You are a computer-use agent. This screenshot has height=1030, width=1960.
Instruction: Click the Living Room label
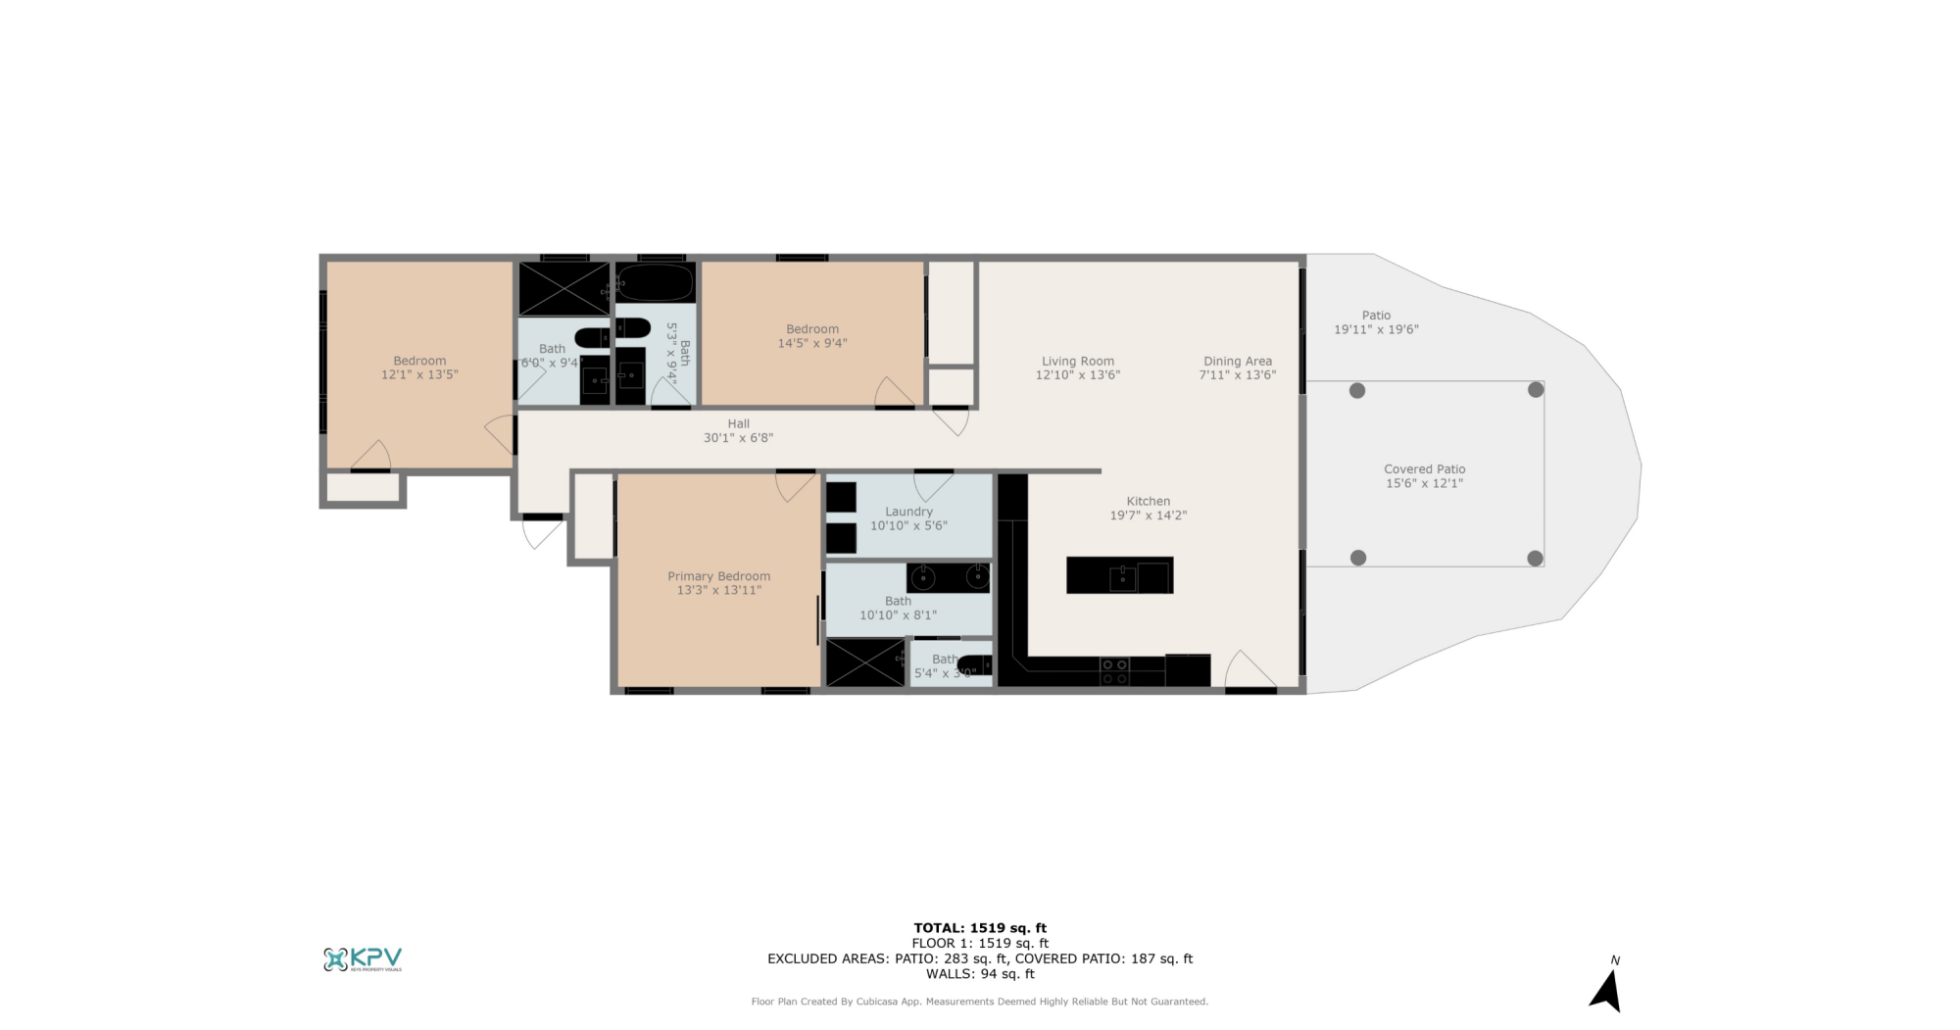coord(1077,361)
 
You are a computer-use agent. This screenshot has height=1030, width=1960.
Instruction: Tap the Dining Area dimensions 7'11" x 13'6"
coord(1237,375)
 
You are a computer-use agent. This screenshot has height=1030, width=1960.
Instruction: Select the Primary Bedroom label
coord(718,576)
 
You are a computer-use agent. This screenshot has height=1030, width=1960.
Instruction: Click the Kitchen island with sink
coord(1119,575)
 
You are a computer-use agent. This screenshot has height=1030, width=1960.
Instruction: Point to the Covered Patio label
coord(1424,469)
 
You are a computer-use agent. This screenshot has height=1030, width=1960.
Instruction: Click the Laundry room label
coord(908,512)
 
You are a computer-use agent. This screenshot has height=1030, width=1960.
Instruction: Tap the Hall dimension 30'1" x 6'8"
coord(738,438)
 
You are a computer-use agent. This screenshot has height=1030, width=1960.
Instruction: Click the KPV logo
coord(363,958)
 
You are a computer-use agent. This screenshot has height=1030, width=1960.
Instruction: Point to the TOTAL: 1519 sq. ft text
coord(980,927)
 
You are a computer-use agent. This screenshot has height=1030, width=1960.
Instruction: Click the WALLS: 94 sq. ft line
coord(980,973)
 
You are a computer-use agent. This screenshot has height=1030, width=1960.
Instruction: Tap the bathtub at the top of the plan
coord(654,283)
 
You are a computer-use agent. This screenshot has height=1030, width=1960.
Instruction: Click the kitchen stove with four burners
coord(1114,671)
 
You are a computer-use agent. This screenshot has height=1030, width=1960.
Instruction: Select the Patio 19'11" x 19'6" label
coord(1376,322)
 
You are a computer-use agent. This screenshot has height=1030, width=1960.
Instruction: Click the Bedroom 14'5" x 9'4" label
coord(811,336)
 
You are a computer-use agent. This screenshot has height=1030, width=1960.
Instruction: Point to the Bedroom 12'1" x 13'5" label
coord(419,368)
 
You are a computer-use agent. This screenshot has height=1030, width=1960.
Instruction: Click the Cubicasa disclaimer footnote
coord(980,1002)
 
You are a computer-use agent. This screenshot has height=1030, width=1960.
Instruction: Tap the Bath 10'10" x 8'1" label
coord(898,608)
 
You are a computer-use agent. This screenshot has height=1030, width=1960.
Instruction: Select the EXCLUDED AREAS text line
coord(980,958)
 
